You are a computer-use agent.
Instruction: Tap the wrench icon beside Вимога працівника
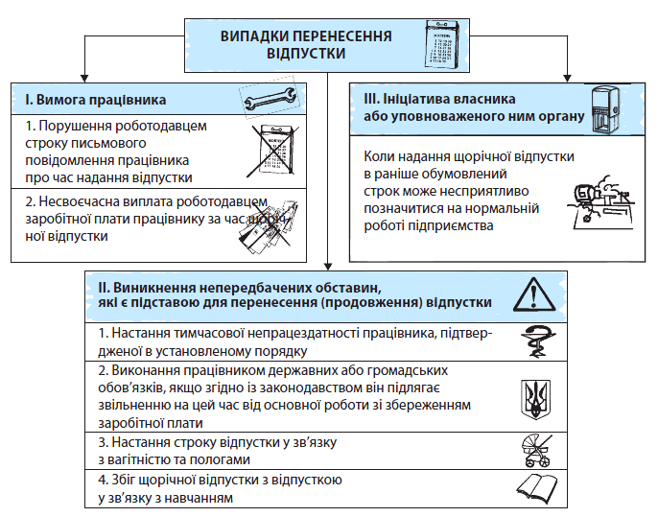point(270,99)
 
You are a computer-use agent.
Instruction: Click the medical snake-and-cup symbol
point(533,341)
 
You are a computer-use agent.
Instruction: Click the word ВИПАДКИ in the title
point(258,35)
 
